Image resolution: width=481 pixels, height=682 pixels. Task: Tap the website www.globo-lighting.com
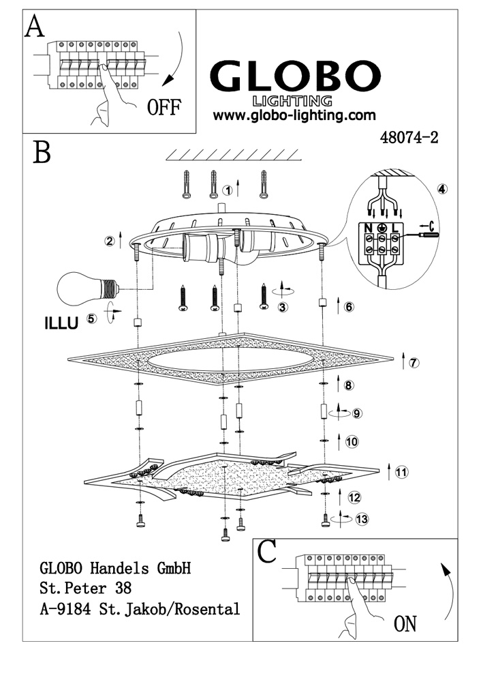(x=294, y=115)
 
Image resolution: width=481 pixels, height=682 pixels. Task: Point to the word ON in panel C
(x=405, y=623)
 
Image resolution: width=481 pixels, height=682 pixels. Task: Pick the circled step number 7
(x=414, y=362)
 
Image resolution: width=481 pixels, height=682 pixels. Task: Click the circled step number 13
(x=362, y=520)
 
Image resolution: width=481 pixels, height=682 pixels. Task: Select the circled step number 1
(x=229, y=188)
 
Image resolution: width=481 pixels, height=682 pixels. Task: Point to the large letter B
(x=42, y=151)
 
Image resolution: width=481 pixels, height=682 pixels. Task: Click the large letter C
(x=268, y=551)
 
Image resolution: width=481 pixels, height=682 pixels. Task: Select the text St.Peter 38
(x=85, y=587)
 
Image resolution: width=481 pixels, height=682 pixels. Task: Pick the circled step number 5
(x=92, y=318)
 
